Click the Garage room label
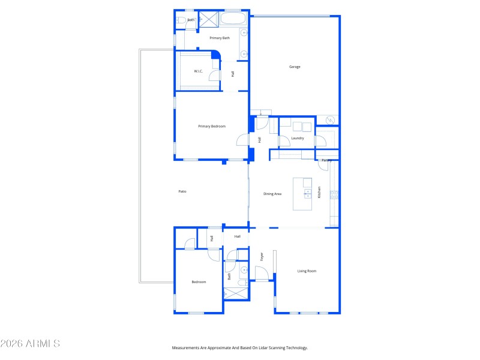click(x=295, y=67)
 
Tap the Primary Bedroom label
click(x=212, y=126)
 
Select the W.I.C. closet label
click(x=199, y=71)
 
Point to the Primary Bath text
click(x=219, y=38)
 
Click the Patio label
click(x=182, y=191)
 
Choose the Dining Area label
click(x=272, y=194)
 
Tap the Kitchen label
click(x=319, y=192)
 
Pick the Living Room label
click(x=307, y=271)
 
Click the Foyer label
click(x=262, y=256)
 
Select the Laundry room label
click(x=298, y=138)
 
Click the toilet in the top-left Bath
click(x=181, y=20)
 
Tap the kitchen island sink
click(x=307, y=193)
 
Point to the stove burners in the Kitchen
click(x=334, y=194)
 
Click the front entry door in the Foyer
click(x=262, y=274)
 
